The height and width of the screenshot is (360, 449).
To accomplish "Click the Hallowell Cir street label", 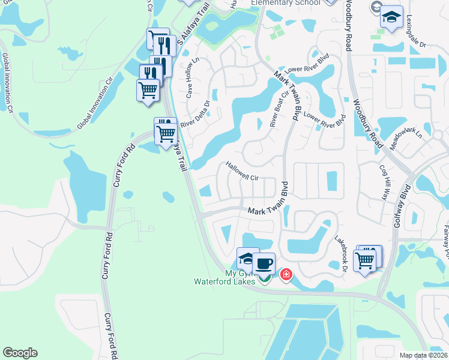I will pos(241,170).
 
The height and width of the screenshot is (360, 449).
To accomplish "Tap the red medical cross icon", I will pos(286,275).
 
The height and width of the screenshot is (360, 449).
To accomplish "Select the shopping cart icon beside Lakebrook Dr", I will pos(365,259).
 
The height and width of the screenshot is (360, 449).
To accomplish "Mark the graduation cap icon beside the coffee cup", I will pos(247,259).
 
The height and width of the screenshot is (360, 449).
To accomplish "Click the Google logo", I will pos(20,353).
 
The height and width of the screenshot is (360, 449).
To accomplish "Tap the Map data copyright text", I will pos(424,355).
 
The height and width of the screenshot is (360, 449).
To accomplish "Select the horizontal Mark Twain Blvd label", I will pos(264,211).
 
